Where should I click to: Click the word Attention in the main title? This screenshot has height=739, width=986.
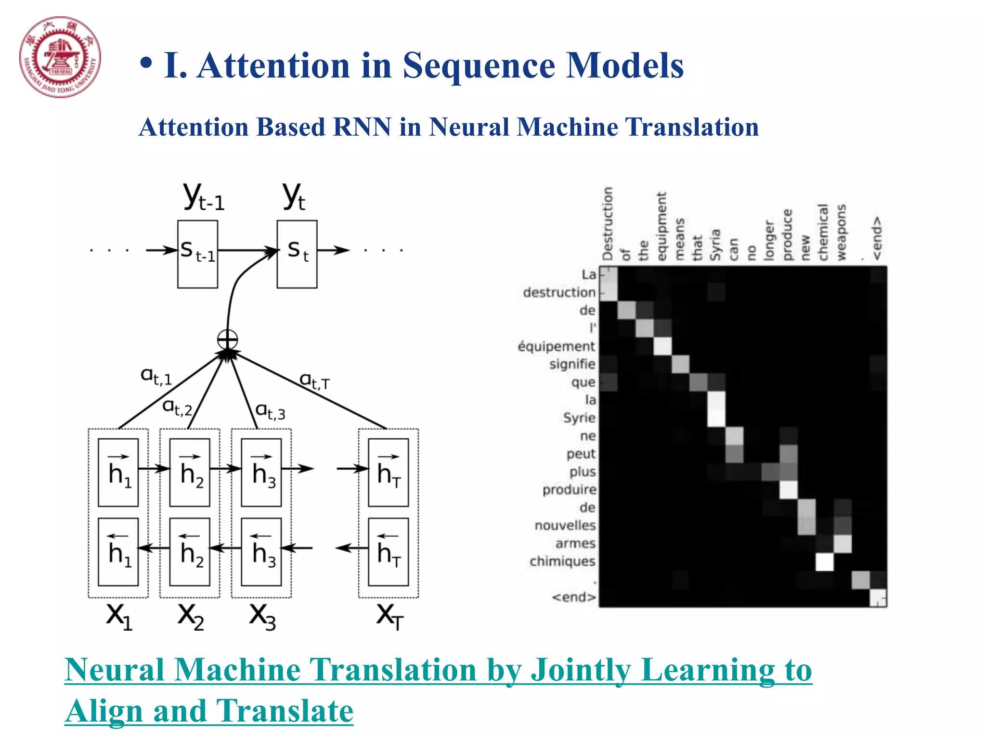(x=273, y=65)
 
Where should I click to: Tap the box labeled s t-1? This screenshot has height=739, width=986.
(x=197, y=254)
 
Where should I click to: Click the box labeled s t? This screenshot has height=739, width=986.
(x=297, y=254)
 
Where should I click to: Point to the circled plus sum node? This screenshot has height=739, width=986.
(x=227, y=340)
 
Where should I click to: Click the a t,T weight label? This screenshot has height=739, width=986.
(x=314, y=381)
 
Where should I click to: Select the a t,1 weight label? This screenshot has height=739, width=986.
(x=156, y=376)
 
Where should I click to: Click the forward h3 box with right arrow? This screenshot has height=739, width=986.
(x=261, y=472)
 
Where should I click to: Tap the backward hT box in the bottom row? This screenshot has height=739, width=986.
(x=388, y=551)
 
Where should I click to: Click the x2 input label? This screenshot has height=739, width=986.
(x=191, y=616)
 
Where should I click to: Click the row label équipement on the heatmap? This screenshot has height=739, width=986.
(x=556, y=346)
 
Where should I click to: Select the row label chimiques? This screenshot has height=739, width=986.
(x=562, y=561)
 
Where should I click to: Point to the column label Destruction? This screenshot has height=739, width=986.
(x=608, y=223)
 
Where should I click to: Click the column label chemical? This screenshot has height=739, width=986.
(x=823, y=232)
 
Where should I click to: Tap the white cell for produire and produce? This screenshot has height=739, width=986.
(x=788, y=490)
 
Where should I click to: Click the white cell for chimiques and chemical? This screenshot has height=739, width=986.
(x=824, y=561)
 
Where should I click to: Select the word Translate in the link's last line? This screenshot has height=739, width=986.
(x=285, y=711)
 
